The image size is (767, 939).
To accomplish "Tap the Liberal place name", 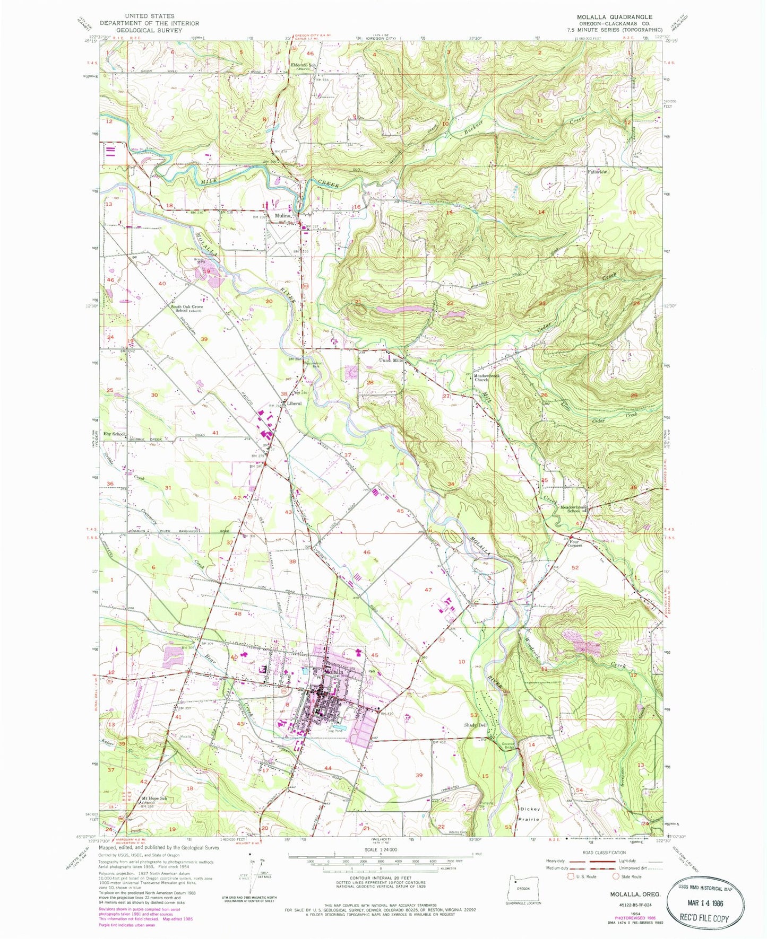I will point(294,403).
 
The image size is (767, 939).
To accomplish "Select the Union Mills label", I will point(392,361).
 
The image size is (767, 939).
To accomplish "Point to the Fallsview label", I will point(598,172).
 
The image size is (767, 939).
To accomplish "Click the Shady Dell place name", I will point(475,725).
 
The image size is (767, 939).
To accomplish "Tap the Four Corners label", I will point(574,543).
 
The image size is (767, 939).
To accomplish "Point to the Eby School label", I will point(114,434).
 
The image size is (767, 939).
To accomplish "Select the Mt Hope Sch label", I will point(154,798).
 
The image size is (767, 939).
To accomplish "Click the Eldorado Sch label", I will point(303,66).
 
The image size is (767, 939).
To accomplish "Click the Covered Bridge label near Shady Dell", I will point(511,744).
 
